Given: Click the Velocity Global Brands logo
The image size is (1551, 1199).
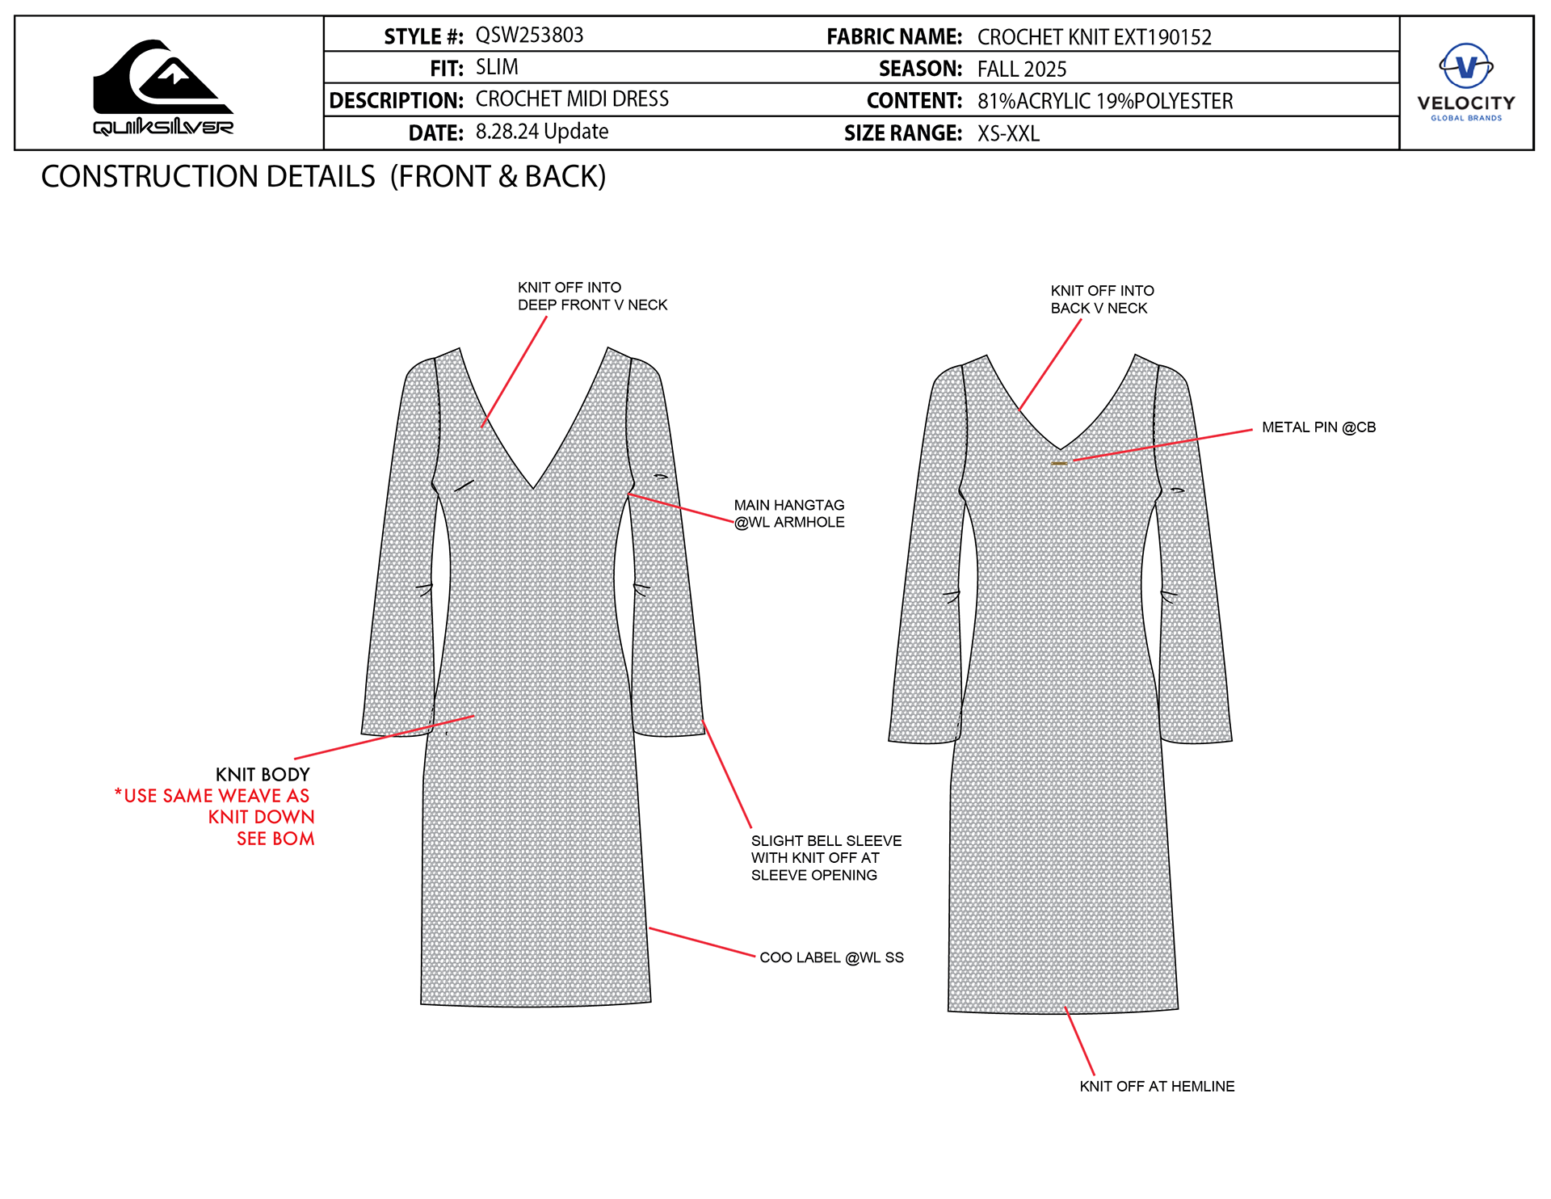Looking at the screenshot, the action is tap(1466, 82).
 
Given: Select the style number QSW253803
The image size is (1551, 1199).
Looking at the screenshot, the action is tap(529, 36).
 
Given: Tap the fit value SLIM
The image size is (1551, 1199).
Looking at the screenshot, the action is tap(497, 67).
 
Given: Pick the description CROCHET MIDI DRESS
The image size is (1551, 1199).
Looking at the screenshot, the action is tap(572, 99).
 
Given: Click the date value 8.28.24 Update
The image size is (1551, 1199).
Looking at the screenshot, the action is tap(541, 132).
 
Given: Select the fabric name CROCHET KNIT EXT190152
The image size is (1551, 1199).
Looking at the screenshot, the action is tap(1094, 37).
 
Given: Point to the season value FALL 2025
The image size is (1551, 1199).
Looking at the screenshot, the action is tap(1022, 69).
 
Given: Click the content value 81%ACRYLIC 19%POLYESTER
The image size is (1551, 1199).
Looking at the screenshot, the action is tap(1104, 101).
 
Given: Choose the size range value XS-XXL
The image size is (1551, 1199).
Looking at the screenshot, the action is tap(1008, 133).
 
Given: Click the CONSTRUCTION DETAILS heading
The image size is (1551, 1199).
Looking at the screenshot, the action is tap(323, 177).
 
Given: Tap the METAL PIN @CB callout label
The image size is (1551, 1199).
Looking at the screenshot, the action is tap(1318, 427).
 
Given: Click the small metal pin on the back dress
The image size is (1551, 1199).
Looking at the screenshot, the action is tap(1059, 463).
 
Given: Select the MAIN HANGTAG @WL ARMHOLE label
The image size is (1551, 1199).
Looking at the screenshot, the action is tap(789, 514).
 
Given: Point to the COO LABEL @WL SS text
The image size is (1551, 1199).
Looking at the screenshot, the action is tap(831, 957).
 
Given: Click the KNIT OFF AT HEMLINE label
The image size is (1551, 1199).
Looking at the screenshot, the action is tap(1157, 1087).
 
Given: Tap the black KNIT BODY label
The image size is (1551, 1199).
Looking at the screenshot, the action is tap(263, 775).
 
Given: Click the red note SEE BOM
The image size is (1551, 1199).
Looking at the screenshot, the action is tap(275, 839).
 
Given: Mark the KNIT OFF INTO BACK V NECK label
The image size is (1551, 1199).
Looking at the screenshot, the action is tap(1102, 300).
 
